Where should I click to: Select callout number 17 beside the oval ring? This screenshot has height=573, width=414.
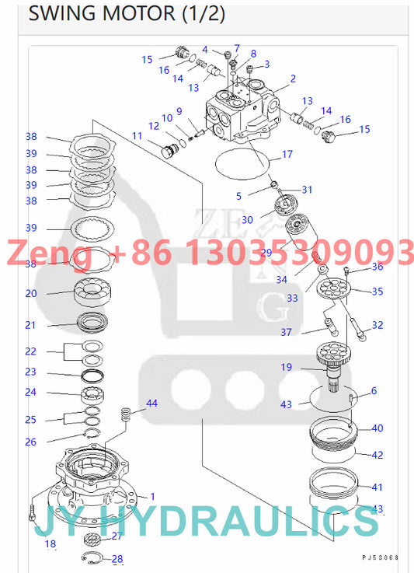tap(287, 154)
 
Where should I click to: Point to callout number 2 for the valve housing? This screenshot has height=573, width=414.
tap(292, 79)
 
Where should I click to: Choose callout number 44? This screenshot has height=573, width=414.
tap(151, 403)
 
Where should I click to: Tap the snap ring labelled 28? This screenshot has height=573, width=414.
tap(92, 557)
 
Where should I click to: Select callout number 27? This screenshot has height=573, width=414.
tap(117, 536)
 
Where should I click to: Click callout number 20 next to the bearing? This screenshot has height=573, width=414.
tap(30, 294)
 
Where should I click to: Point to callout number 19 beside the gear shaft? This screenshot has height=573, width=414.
tap(286, 367)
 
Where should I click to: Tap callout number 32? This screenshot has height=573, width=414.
tap(377, 325)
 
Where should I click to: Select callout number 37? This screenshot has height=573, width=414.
tap(286, 333)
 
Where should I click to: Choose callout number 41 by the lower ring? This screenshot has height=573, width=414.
tap(377, 487)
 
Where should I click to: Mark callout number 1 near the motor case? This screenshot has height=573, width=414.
tap(152, 496)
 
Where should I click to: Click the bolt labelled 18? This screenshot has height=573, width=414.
tap(30, 512)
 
